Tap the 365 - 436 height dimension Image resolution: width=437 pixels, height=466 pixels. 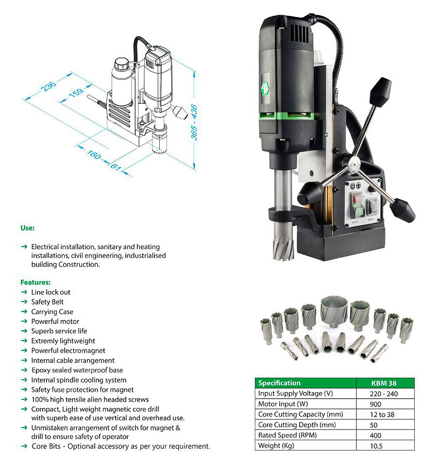(194, 122)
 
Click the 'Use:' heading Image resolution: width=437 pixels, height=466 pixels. (27, 227)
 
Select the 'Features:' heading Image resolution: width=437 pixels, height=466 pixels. (35, 282)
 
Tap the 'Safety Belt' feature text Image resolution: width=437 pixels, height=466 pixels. (48, 302)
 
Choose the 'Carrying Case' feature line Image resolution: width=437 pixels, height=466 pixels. (52, 311)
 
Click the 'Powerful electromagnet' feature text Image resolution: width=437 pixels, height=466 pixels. (68, 350)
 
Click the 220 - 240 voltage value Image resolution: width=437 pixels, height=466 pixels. (384, 394)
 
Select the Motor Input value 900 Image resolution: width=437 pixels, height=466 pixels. (375, 404)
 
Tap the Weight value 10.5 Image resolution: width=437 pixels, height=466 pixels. (376, 446)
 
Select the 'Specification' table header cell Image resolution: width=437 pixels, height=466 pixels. (280, 383)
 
